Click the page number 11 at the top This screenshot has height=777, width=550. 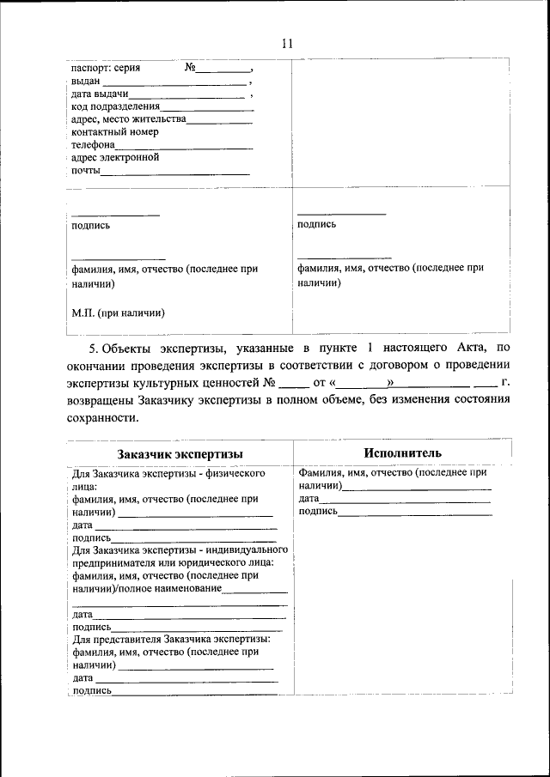(287, 44)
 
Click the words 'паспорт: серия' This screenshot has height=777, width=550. (106, 67)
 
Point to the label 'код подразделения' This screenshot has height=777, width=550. (115, 106)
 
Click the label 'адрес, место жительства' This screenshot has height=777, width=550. (128, 119)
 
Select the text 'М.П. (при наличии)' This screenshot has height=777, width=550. (118, 313)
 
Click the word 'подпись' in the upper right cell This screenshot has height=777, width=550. (316, 224)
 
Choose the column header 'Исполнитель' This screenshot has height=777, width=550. (402, 452)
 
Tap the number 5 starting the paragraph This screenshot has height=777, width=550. (93, 348)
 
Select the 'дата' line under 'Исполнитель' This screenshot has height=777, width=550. (404, 499)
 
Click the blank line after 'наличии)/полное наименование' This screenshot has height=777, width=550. (255, 589)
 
